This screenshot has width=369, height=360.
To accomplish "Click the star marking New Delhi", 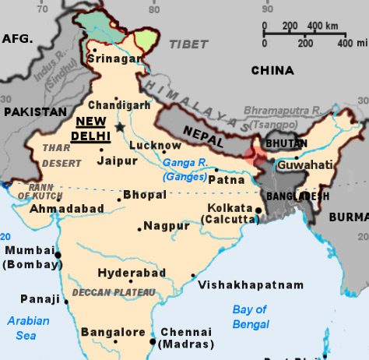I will click(120, 126).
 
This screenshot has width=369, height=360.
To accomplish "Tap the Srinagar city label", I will click(117, 58).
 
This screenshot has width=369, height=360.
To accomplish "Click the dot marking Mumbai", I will click(57, 253).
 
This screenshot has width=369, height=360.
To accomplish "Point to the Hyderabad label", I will click(132, 273).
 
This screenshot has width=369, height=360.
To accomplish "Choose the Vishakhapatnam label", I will click(251, 285).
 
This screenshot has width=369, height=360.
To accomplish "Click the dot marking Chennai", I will click(152, 341).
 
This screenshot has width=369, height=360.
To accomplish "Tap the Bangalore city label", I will click(113, 332).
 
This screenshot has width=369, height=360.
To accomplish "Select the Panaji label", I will click(40, 298).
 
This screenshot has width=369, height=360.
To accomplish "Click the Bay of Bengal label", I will click(250, 316).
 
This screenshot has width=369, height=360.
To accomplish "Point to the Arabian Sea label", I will click(28, 327).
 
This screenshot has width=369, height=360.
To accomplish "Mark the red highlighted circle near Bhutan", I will click(254, 154).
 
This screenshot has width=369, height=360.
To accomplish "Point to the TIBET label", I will click(189, 44).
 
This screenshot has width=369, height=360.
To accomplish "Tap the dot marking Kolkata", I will click(258, 210).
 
